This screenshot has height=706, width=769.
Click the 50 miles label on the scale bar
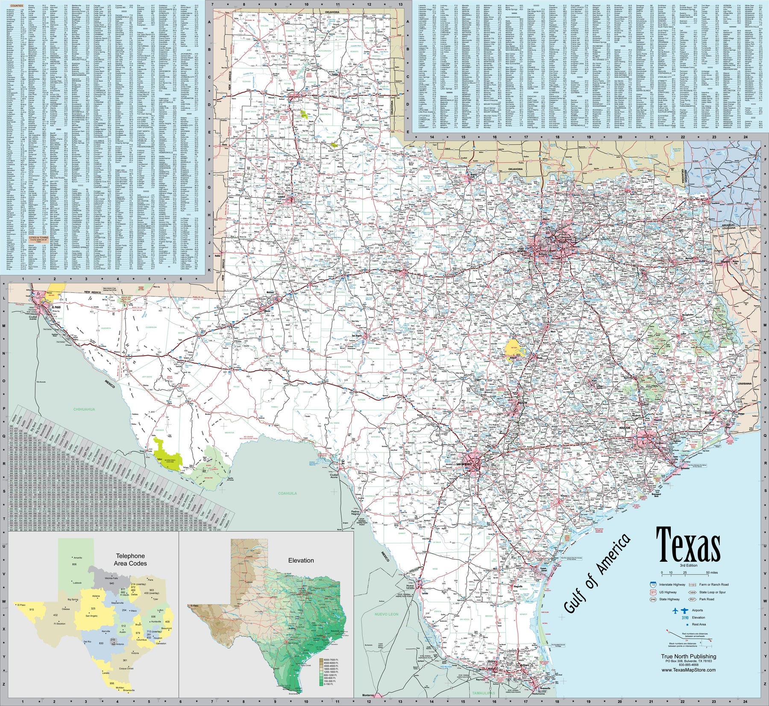coord(712,572)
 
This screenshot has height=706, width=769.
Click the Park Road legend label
coord(707,599)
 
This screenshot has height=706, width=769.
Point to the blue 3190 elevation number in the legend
coord(685,617)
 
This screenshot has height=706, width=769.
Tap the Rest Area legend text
coord(699,624)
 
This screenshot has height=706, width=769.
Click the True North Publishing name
coord(689,656)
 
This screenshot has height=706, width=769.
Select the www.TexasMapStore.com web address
coord(689,670)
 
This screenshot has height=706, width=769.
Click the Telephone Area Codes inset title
coord(130,560)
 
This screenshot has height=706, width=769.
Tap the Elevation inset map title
coord(301,560)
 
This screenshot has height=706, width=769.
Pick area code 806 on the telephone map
coord(74,564)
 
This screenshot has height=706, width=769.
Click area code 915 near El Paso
coord(32,610)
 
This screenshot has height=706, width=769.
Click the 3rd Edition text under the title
coord(688,565)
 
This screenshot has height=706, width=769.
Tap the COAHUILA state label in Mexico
coord(288,493)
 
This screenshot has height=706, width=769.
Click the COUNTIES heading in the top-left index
coord(17,6)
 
